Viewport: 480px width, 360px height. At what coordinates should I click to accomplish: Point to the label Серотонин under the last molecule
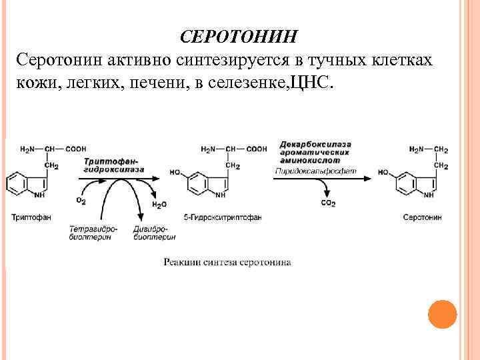422,217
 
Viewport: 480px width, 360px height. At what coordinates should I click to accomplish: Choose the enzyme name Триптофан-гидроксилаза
114,166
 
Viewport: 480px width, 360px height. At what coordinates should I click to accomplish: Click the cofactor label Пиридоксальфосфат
315,171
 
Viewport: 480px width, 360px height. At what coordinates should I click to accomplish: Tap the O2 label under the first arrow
81,200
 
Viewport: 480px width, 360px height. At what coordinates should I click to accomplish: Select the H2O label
159,205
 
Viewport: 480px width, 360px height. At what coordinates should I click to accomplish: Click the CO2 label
328,203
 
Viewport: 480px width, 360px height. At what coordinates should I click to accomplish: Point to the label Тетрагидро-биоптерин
93,233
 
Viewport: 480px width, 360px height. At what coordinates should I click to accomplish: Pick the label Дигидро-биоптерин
154,233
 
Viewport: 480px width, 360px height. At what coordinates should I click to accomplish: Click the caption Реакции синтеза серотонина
227,262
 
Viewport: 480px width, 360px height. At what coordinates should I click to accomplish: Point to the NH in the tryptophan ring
40,195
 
